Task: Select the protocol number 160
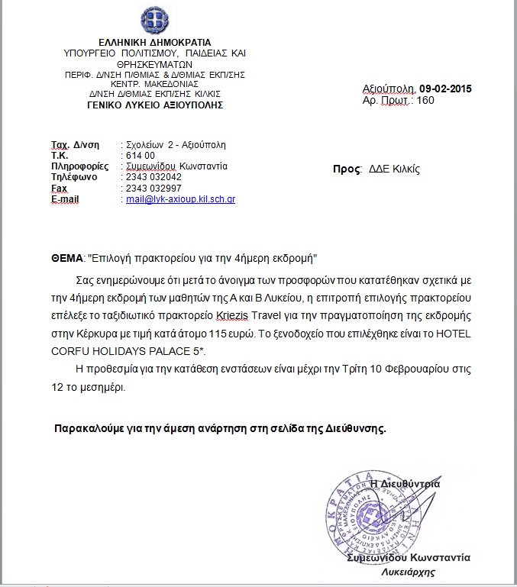426,100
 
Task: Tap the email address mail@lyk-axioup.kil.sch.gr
180,199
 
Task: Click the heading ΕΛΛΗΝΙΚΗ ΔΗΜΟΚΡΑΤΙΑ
155,41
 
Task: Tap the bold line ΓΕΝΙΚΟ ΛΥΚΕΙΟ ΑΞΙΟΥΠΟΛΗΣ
155,105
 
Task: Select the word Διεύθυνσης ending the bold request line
353,428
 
